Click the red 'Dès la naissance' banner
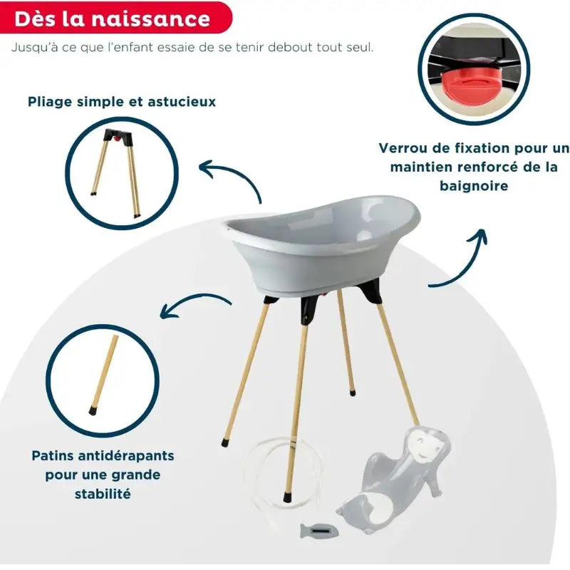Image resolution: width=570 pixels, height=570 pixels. point(114,19)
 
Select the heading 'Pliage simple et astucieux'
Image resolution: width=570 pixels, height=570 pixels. point(122,102)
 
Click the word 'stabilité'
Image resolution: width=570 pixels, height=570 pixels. point(103,493)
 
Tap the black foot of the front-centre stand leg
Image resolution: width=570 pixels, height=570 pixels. point(287,496)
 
